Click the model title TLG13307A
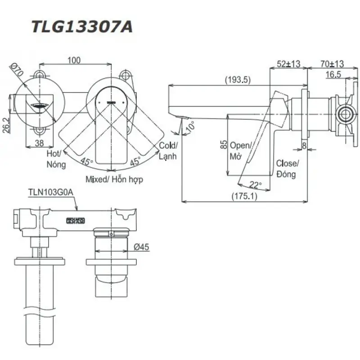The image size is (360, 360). [82, 27]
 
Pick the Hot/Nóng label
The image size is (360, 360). [56, 159]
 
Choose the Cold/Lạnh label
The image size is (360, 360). [168, 151]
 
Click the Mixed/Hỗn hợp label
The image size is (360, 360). [114, 179]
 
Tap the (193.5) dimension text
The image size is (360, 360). [238, 80]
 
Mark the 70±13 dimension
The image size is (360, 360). [332, 64]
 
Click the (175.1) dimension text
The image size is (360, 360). [244, 196]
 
